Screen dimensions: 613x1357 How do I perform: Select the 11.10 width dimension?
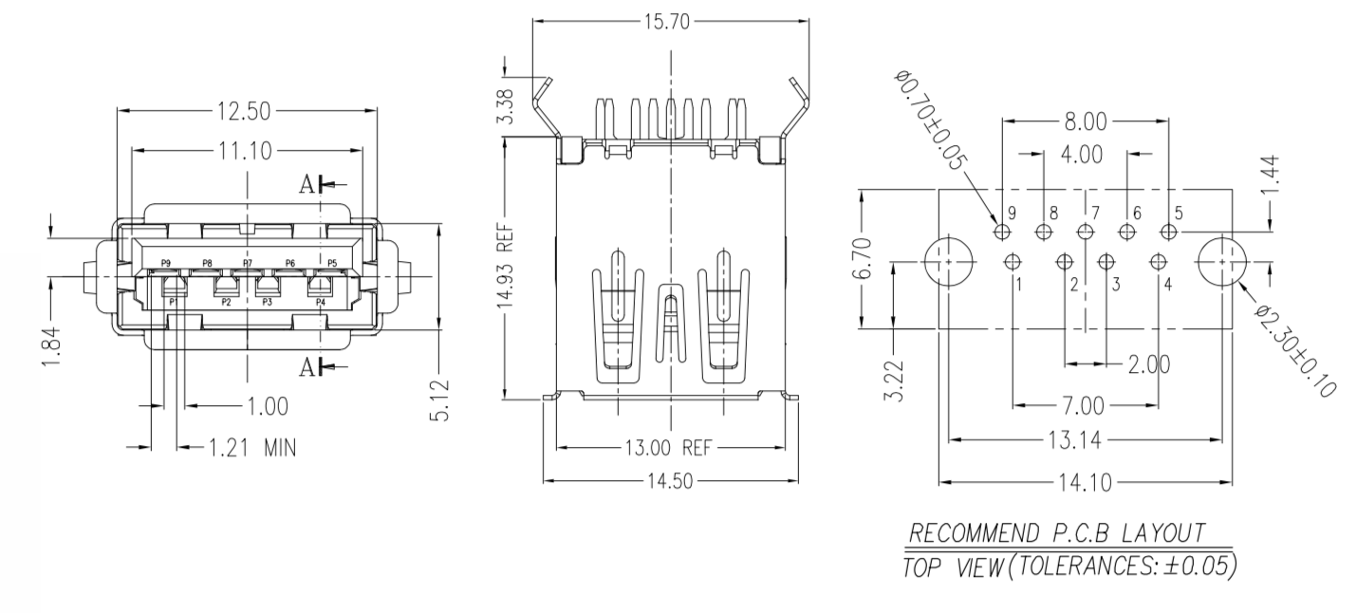tap(246, 150)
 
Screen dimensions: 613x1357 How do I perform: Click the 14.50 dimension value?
tap(670, 481)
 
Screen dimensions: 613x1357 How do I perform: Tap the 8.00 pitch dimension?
tap(1084, 121)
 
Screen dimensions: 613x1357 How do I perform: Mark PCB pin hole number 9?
tap(1001, 232)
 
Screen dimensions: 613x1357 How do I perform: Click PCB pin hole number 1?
tap(1013, 261)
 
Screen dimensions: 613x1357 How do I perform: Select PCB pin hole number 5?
tap(1167, 232)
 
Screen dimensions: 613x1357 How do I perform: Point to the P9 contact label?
tap(166, 262)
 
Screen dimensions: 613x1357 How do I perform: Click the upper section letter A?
tap(307, 185)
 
